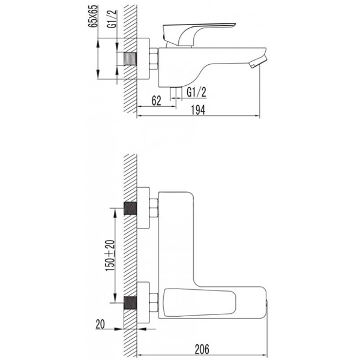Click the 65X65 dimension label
pyautogui.click(x=93, y=16)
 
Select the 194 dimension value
pyautogui.click(x=198, y=110)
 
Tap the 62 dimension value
pyautogui.click(x=157, y=101)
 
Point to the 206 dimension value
pyautogui.click(x=202, y=349)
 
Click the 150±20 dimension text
pyautogui.click(x=110, y=256)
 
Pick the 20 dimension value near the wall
pyautogui.click(x=100, y=324)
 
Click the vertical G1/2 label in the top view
pyautogui.click(x=112, y=19)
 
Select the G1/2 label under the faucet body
pyautogui.click(x=197, y=92)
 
